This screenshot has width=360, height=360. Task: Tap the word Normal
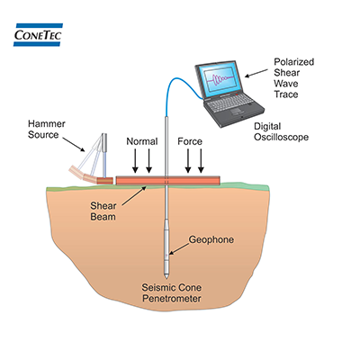click(143, 141)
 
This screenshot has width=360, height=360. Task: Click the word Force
click(191, 141)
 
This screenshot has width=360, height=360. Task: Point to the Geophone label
click(211, 240)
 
